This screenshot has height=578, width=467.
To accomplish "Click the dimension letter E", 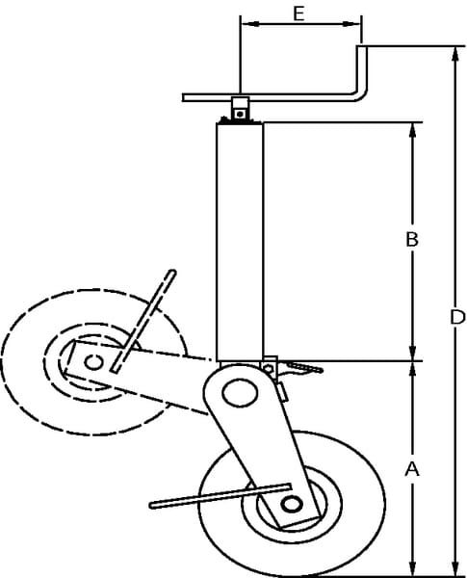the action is click(298, 13).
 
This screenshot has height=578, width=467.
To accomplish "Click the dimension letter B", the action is click(412, 239).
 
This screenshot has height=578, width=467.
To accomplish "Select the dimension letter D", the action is click(457, 317).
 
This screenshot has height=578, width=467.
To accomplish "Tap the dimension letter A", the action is click(412, 470).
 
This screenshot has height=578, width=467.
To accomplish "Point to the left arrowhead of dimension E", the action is click(248, 24).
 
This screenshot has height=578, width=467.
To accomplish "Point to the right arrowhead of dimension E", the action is click(351, 24).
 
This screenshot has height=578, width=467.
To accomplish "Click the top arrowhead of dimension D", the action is click(455, 55).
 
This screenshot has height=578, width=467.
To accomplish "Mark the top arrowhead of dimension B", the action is click(412, 130).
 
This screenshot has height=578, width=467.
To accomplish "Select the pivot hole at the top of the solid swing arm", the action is click(240, 393).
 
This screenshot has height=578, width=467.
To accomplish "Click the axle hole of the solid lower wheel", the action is click(292, 504).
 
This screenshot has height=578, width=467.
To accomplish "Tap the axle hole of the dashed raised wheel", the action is click(93, 362).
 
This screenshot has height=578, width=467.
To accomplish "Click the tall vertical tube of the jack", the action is click(240, 242).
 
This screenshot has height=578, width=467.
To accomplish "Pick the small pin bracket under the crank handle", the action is click(240, 108).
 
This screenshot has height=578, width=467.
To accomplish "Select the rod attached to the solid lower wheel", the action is click(221, 496).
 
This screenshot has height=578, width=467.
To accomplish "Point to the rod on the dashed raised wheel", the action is click(144, 321).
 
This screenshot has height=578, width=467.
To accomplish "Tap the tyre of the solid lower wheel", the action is click(292, 504).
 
